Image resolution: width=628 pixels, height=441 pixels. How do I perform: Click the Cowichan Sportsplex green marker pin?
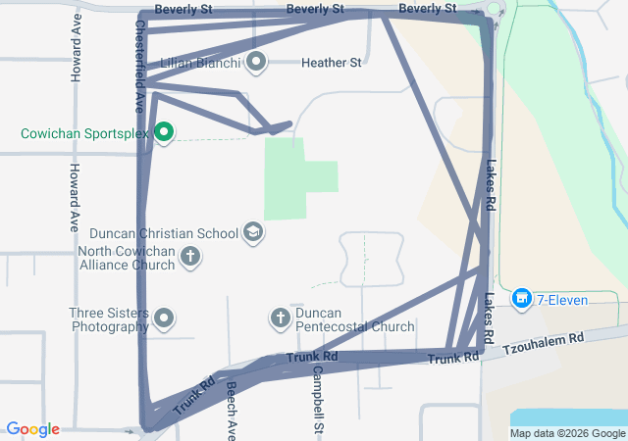[x=164, y=132]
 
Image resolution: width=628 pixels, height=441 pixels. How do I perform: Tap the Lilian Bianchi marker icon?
[x=257, y=63]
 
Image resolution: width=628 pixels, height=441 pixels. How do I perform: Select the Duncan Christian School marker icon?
[x=253, y=232]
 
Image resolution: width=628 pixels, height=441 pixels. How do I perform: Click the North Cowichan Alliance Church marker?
[x=190, y=258]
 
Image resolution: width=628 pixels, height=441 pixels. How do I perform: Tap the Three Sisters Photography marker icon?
[x=164, y=318]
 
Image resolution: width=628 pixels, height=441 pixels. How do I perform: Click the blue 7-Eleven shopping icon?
[x=522, y=297]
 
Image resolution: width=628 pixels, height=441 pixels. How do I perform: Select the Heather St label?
[x=331, y=63]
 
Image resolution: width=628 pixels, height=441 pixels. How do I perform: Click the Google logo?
[x=33, y=429]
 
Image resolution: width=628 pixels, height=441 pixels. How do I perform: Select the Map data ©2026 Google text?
[x=567, y=433]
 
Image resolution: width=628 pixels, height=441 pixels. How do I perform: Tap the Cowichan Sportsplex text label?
[x=83, y=132]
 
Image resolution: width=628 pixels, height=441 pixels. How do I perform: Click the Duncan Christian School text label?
[x=164, y=233]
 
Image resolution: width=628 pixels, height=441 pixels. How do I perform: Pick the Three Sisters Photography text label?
[x=109, y=320]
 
